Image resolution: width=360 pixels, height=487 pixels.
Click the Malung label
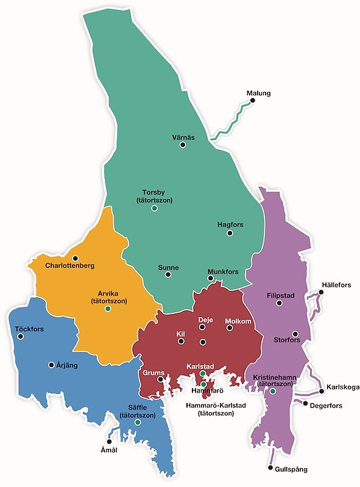[x=258, y=93]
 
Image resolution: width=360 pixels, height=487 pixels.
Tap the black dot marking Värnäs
[x=182, y=145]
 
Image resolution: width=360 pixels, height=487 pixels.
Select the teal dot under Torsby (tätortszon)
[x=154, y=208]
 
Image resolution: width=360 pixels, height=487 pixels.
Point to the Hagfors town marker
[x=230, y=232]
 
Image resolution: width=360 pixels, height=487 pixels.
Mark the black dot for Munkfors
[x=210, y=279]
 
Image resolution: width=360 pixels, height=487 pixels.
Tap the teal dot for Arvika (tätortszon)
[x=107, y=309]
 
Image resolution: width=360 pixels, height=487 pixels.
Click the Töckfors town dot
[x=21, y=336]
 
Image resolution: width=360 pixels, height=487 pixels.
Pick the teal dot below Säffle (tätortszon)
[x=138, y=422]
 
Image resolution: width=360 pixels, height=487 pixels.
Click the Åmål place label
[x=108, y=450]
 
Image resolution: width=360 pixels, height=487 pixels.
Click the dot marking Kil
[x=181, y=342]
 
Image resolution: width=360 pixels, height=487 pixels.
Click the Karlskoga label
[x=342, y=387]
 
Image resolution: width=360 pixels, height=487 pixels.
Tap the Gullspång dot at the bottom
[x=269, y=468]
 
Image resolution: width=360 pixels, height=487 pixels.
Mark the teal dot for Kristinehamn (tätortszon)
[x=273, y=391]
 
